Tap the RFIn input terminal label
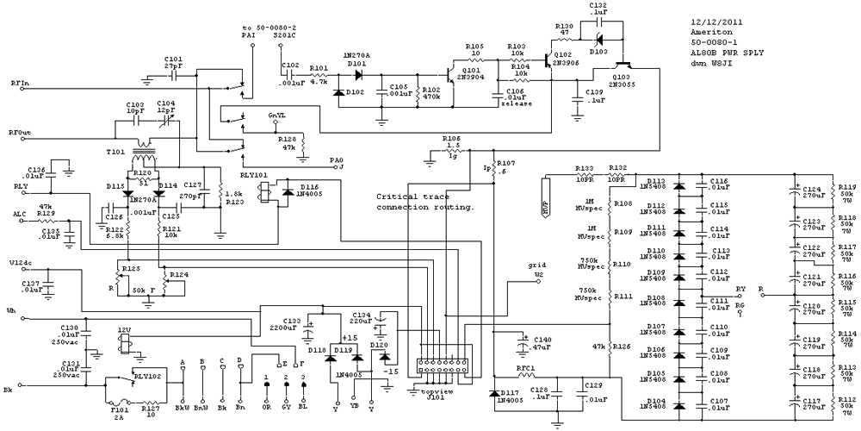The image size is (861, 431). (x=18, y=84)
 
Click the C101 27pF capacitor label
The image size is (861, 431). (x=173, y=65)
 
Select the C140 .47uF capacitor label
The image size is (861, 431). (x=541, y=344)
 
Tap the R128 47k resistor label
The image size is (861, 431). (x=287, y=142)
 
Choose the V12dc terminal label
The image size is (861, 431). (x=22, y=263)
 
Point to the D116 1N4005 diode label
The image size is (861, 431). (x=313, y=191)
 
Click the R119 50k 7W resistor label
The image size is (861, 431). (x=847, y=193)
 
